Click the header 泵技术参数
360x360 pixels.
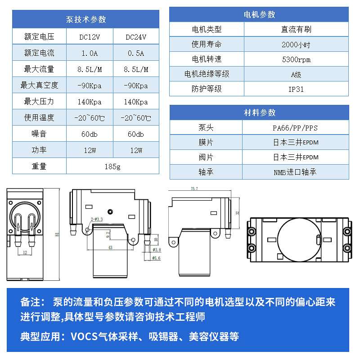click(86, 19)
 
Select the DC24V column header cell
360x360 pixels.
click(135, 37)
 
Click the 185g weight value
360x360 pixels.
click(112, 166)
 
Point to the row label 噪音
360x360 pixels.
click(39, 134)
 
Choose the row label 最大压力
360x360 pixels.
click(39, 102)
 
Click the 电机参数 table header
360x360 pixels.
click(259, 14)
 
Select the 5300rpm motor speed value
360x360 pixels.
click(296, 59)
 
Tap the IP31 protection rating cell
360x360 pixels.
click(296, 89)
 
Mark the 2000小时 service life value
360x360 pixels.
click(296, 44)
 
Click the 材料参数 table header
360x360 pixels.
click(259, 112)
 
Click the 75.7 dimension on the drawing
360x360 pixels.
click(194, 189)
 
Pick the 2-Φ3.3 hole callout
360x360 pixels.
click(97, 219)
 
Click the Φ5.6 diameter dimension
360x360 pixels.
click(157, 258)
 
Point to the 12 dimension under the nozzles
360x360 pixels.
click(25, 252)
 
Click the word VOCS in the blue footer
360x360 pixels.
click(84, 337)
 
